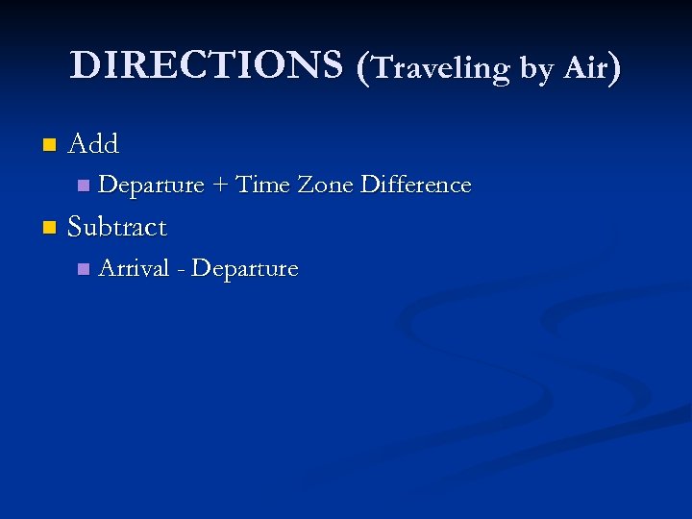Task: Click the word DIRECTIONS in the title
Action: click(x=206, y=65)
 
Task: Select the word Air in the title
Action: click(x=585, y=67)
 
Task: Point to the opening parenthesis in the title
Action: click(x=362, y=67)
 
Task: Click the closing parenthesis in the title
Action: click(x=615, y=67)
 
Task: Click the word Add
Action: click(x=93, y=144)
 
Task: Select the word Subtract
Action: click(x=117, y=228)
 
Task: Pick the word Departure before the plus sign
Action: click(x=151, y=185)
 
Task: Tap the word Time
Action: click(x=262, y=184)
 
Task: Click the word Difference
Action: click(x=415, y=184)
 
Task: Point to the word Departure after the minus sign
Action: click(x=245, y=269)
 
